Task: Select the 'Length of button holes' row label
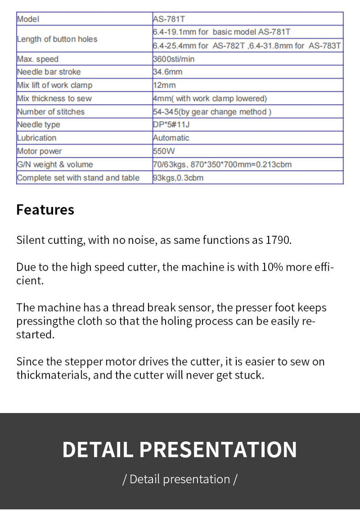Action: point(57,39)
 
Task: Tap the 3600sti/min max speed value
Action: point(174,59)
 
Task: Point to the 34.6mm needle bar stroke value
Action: point(168,72)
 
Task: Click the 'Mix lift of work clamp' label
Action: point(55,85)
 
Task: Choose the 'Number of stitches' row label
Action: point(50,112)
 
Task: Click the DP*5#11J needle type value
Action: point(171,125)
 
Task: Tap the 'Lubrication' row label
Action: point(36,138)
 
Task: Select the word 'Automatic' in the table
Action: point(171,138)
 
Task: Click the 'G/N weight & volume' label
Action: point(55,164)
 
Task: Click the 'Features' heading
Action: point(45,210)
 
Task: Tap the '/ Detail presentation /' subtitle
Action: point(180,479)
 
